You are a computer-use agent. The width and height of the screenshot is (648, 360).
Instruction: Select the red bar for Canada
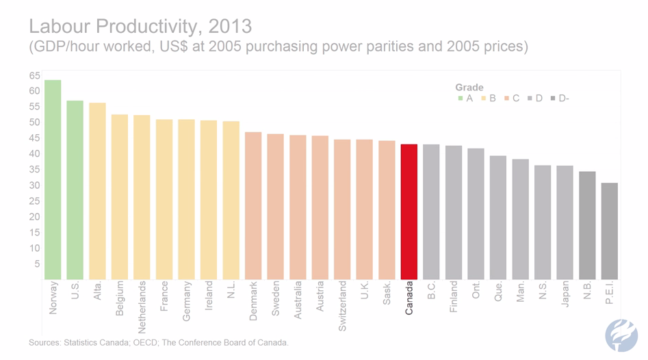409,211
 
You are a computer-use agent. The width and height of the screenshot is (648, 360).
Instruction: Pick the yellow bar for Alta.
97,191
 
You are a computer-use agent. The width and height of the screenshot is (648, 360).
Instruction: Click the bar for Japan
565,222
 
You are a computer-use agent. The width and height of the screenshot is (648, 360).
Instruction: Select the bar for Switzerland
342,209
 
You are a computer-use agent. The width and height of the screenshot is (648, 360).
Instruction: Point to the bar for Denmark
253,205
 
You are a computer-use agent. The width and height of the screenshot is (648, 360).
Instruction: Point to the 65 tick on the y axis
34,75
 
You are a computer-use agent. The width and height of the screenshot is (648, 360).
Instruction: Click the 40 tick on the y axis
34,154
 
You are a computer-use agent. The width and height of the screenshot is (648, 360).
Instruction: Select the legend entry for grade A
465,99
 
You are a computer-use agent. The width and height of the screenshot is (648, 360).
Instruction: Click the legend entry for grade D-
560,99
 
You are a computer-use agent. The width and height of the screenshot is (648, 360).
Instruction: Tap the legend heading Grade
469,88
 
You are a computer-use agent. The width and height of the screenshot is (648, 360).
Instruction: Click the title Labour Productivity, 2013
140,27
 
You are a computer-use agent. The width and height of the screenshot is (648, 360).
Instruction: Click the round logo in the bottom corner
621,335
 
